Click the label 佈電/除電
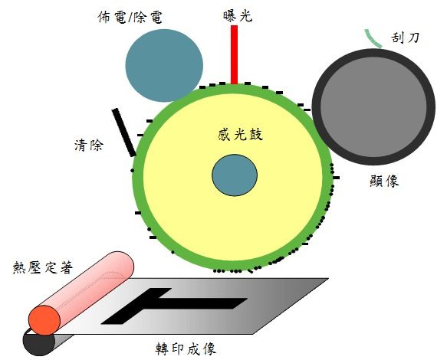130,17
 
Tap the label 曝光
238,16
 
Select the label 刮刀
405,38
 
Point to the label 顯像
384,181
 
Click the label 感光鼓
240,135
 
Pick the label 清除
89,146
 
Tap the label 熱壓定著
43,267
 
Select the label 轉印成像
186,349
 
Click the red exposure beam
234,54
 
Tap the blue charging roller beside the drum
164,66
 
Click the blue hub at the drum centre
235,175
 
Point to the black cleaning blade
123,133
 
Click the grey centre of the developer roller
373,106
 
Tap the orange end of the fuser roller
44,320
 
